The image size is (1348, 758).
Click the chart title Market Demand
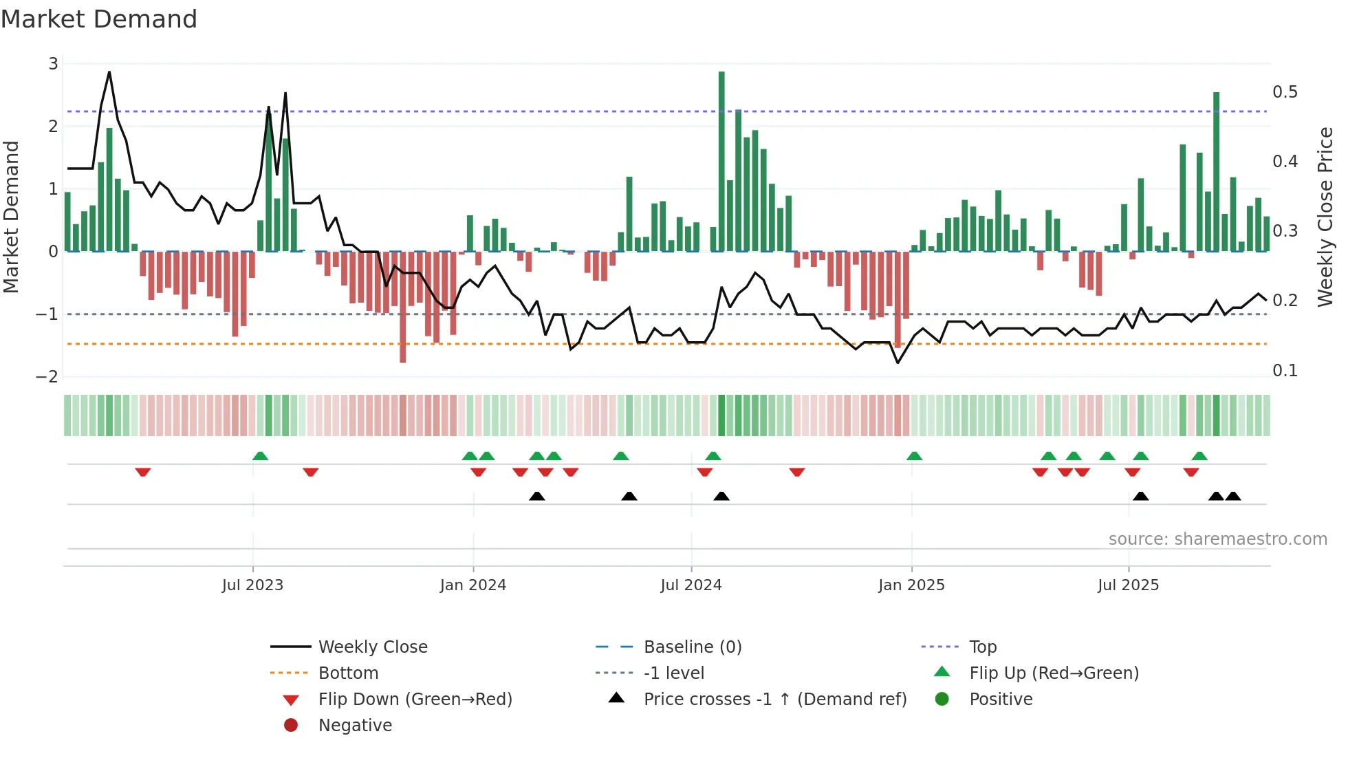pyautogui.click(x=99, y=19)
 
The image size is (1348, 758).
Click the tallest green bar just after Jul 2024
pyautogui.click(x=721, y=162)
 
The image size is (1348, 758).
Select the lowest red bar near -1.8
pyautogui.click(x=402, y=307)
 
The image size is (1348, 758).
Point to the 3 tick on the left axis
pyautogui.click(x=53, y=64)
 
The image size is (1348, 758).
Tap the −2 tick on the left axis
pyautogui.click(x=47, y=377)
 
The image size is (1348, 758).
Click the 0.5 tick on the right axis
pyautogui.click(x=1285, y=92)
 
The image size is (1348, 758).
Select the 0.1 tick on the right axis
pyautogui.click(x=1285, y=371)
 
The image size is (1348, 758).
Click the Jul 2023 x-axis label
pyautogui.click(x=252, y=585)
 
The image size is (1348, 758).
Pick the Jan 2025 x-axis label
pyautogui.click(x=911, y=585)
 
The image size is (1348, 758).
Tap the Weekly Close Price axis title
pyautogui.click(x=1325, y=217)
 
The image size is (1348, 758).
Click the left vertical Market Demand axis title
pyautogui.click(x=11, y=217)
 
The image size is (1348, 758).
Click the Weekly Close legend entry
pyautogui.click(x=372, y=647)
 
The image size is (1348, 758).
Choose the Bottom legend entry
pyautogui.click(x=348, y=673)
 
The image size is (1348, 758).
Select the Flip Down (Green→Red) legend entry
pyautogui.click(x=415, y=700)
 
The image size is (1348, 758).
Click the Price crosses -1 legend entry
pyautogui.click(x=774, y=700)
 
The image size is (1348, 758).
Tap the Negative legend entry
pyautogui.click(x=355, y=726)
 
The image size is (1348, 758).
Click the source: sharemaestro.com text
pyautogui.click(x=1217, y=539)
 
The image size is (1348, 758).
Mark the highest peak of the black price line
pyautogui.click(x=109, y=72)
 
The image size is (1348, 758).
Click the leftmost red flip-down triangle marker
pyautogui.click(x=143, y=472)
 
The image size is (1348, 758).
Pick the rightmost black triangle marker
pyautogui.click(x=1233, y=496)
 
